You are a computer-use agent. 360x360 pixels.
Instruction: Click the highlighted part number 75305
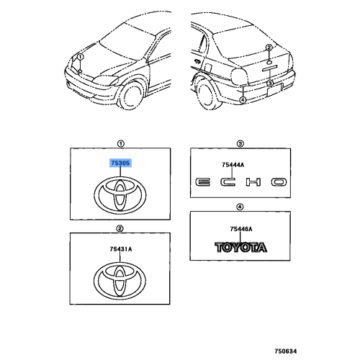pos(120,163)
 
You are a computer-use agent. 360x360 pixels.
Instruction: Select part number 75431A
pos(121,249)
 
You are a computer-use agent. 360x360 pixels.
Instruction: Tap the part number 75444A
pos(233,165)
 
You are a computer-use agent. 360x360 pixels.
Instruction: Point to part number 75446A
pos(241,229)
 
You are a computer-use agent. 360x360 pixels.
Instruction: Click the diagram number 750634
pos(286,351)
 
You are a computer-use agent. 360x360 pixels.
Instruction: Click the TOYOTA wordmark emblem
pos(240,248)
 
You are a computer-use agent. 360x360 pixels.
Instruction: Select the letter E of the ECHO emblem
pos(202,182)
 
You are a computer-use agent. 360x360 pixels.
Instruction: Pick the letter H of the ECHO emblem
pos(253,182)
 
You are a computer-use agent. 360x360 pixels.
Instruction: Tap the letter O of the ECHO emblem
pos(279,182)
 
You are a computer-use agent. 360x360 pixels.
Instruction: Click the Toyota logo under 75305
pos(120,195)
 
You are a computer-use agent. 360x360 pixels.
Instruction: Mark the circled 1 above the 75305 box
pos(120,144)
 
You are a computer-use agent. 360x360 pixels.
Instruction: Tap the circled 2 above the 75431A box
pos(120,228)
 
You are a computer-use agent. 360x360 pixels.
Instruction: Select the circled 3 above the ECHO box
pos(240,144)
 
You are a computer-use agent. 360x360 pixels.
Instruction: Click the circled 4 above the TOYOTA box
pos(240,207)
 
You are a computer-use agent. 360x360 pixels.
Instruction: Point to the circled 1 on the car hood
pos(80,57)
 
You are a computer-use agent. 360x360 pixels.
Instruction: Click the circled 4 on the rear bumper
pos(243,99)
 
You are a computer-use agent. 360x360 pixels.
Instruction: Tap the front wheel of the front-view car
pos(132,95)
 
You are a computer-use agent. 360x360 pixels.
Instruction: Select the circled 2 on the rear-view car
pos(269,48)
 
